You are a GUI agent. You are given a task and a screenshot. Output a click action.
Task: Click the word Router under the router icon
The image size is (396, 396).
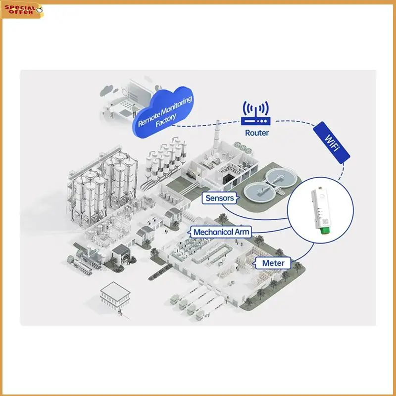pos(257,133)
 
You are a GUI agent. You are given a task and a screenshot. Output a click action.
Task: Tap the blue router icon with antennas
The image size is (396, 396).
pos(255,114)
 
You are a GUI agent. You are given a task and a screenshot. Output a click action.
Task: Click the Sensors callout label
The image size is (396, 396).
pos(219,198)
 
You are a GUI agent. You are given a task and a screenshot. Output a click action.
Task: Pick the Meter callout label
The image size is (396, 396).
pos(273,263)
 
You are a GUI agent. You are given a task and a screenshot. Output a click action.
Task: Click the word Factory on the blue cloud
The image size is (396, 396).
pos(166,118)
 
